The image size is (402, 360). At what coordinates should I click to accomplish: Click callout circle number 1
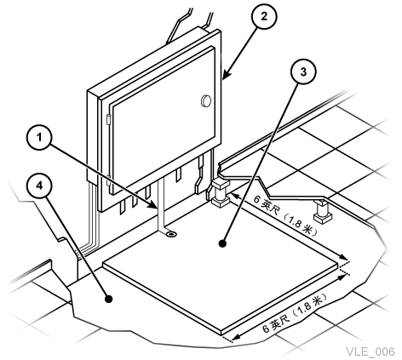(x=39, y=138)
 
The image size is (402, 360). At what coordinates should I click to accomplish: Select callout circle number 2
(x=264, y=16)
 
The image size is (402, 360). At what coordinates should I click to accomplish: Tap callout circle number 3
(x=303, y=71)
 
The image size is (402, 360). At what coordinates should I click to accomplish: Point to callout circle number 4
(x=39, y=186)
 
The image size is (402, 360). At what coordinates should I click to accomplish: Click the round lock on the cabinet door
(x=206, y=100)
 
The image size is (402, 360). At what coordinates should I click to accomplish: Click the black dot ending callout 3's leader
(x=222, y=243)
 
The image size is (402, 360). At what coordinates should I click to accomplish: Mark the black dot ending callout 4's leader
(x=109, y=299)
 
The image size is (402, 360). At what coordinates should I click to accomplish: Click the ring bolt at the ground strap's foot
(x=171, y=234)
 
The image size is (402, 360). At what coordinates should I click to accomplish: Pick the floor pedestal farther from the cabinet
(x=323, y=211)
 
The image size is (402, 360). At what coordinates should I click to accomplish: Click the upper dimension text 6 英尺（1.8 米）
(x=286, y=216)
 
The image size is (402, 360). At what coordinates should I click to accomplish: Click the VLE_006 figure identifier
(x=370, y=351)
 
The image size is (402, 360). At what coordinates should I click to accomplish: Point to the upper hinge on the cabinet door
(x=108, y=119)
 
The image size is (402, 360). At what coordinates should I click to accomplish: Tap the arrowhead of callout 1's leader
(x=153, y=205)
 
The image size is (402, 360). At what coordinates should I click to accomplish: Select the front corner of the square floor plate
(x=221, y=334)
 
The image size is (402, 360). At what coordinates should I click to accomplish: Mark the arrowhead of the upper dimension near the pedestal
(x=235, y=196)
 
